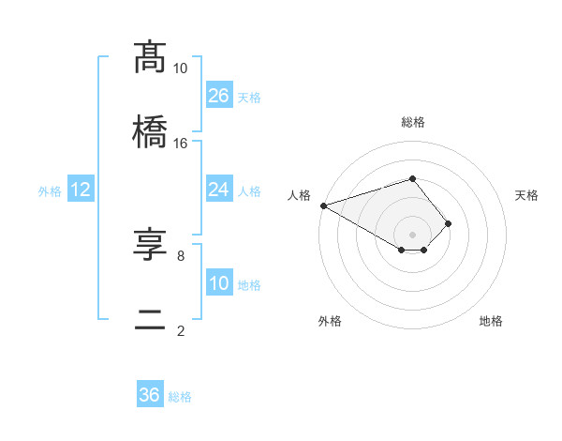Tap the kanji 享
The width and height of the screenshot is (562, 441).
(151, 245)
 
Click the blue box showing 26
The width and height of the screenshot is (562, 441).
(219, 96)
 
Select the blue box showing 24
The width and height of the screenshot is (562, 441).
(219, 190)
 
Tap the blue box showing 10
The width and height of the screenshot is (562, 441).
(219, 283)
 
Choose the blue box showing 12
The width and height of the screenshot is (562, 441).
(81, 190)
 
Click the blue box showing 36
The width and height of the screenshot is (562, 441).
(150, 395)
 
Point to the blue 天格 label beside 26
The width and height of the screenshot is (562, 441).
(249, 97)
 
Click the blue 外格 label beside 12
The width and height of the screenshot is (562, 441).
(50, 190)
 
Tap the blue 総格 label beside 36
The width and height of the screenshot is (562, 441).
(180, 396)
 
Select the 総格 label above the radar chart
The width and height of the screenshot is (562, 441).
(413, 123)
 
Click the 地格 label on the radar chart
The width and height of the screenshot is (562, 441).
(491, 321)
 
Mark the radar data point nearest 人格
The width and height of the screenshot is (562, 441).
(323, 205)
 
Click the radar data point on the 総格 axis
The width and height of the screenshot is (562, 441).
(413, 178)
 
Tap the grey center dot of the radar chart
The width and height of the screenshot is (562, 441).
(413, 234)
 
